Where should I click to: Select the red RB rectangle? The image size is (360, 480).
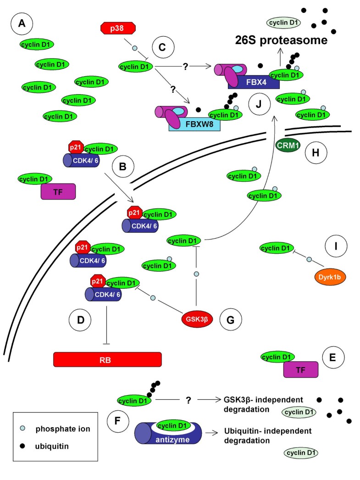pyautogui.click(x=107, y=359)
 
